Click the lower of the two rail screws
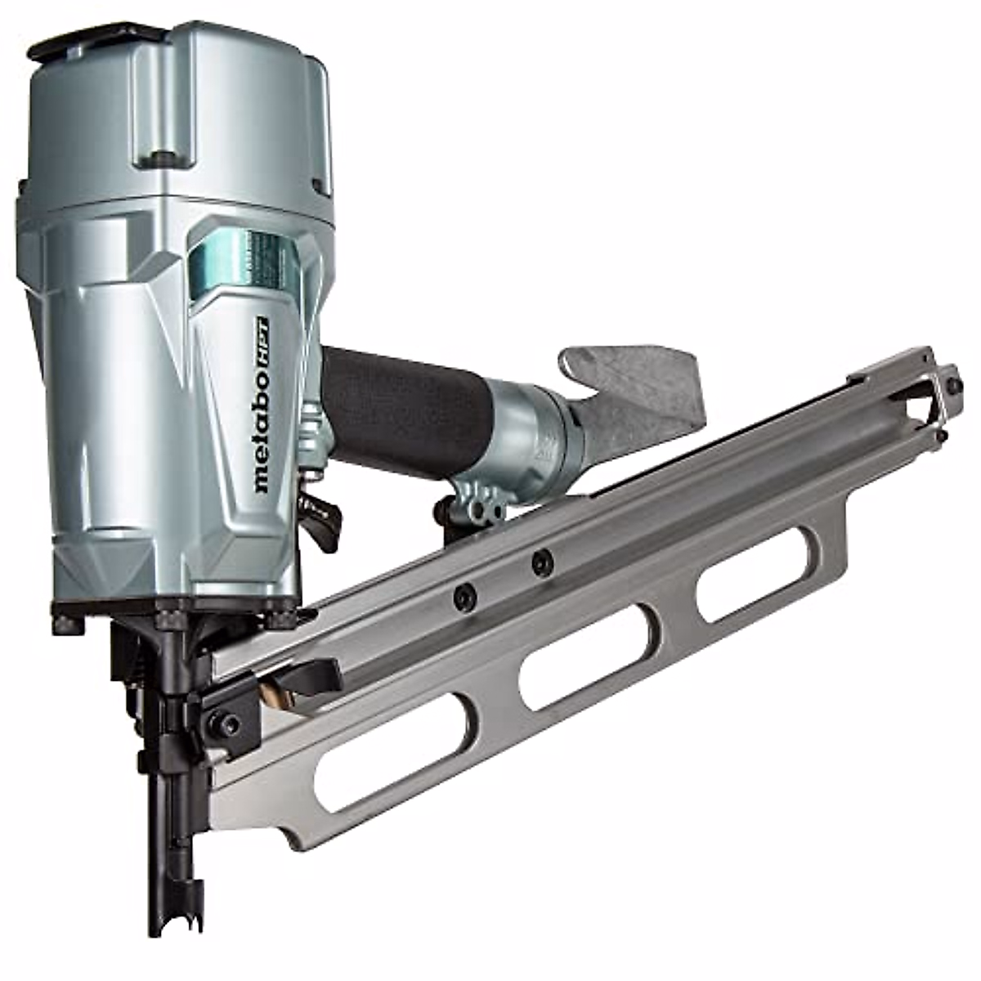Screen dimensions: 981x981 [464, 597]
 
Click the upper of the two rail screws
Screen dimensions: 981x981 [541, 561]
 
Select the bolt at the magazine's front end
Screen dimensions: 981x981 [222, 723]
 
